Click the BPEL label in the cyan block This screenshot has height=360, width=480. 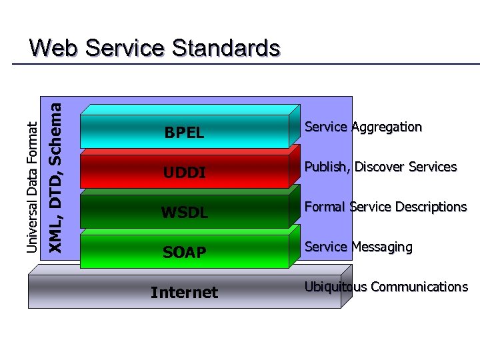point(184,133)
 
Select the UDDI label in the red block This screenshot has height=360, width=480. point(184,173)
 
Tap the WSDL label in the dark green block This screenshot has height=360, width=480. point(184,213)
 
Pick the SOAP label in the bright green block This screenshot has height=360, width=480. point(184,253)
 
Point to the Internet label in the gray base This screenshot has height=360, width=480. point(184,293)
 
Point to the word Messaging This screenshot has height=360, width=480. point(381,247)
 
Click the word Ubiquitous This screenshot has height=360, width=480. point(336,287)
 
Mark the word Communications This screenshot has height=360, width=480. point(419,287)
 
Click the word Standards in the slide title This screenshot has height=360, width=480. point(226,48)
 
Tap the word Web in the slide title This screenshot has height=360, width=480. point(54,48)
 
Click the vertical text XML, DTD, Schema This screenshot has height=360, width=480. point(57,177)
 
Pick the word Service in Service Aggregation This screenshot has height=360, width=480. point(326,127)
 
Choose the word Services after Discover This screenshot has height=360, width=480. point(433,167)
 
